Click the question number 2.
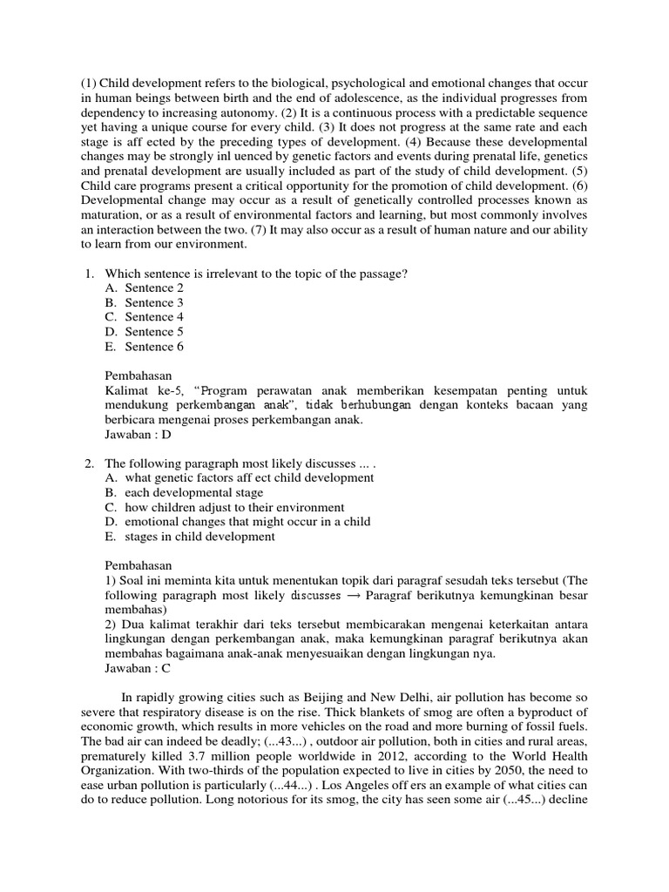click(88, 463)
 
